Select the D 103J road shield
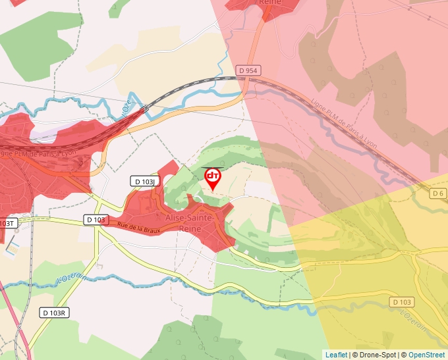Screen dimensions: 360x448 144,181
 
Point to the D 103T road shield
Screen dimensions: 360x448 7,223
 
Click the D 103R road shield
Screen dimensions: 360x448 54,313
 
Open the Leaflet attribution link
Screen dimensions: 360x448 336,355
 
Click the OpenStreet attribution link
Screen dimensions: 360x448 428,355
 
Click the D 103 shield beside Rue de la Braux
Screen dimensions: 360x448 96,219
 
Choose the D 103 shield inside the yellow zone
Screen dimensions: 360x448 401,302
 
